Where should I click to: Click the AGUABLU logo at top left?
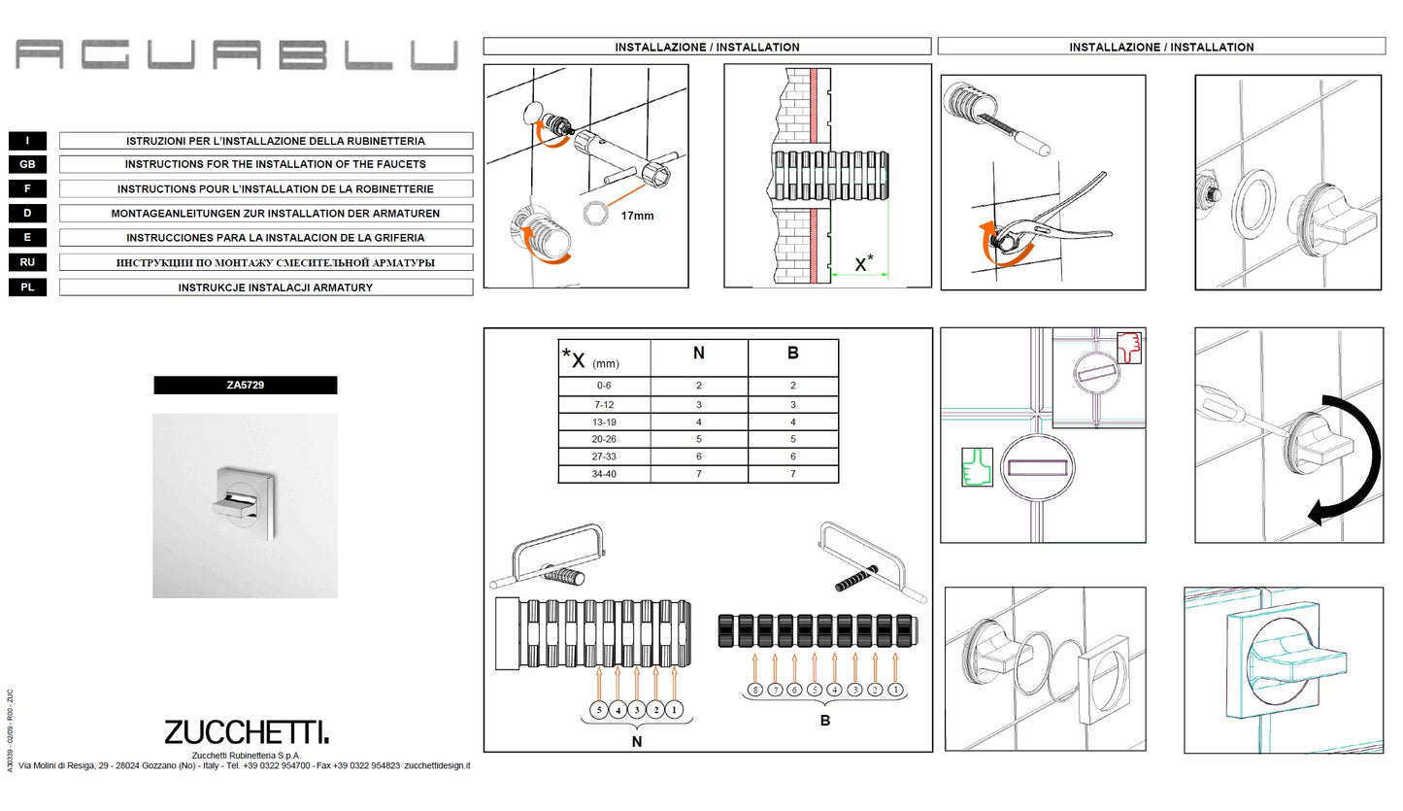[237, 54]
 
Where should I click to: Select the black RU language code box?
[27, 262]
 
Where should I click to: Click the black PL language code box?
[27, 287]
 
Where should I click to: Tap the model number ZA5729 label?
[246, 386]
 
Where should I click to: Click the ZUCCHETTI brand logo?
[247, 732]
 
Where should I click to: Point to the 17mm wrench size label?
[637, 216]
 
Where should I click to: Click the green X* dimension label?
[863, 263]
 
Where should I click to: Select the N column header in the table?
[699, 354]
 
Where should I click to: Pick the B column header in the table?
[793, 354]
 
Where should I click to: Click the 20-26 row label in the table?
[604, 440]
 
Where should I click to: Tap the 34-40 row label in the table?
[604, 475]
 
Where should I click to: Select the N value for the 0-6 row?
[699, 387]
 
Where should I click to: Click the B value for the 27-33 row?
[793, 457]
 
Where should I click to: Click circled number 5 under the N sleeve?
[599, 710]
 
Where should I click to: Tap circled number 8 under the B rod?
[754, 690]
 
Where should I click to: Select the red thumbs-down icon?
[1128, 348]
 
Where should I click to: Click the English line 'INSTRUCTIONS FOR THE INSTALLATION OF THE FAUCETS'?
[276, 165]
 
